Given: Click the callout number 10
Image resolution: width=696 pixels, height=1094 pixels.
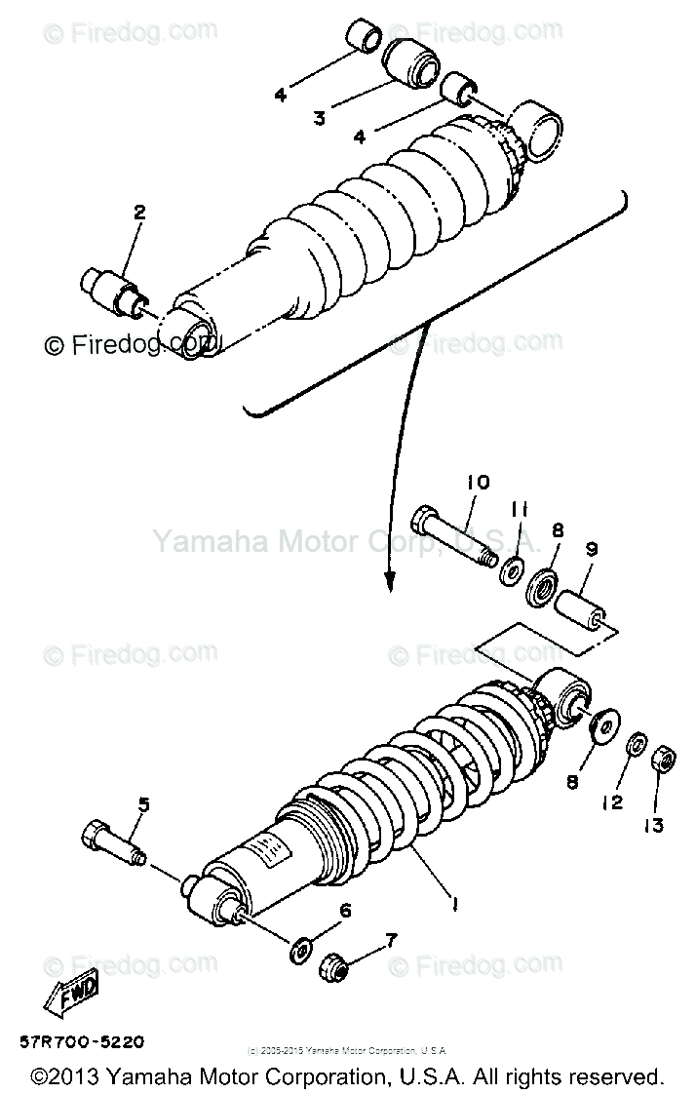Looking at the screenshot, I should pos(478,482).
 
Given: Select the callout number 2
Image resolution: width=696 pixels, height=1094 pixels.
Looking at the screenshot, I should pos(138,211).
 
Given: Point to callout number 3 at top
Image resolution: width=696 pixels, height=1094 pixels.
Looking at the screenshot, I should pos(319,119).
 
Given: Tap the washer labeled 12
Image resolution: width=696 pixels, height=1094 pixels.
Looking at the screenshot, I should pos(636,744).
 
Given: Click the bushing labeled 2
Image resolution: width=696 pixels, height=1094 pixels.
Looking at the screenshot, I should pos(115,292).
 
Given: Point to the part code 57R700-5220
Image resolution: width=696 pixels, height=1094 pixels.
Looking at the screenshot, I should pos(81,1042).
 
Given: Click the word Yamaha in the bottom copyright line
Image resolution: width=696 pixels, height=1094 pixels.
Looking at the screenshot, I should pos(132,1077).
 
